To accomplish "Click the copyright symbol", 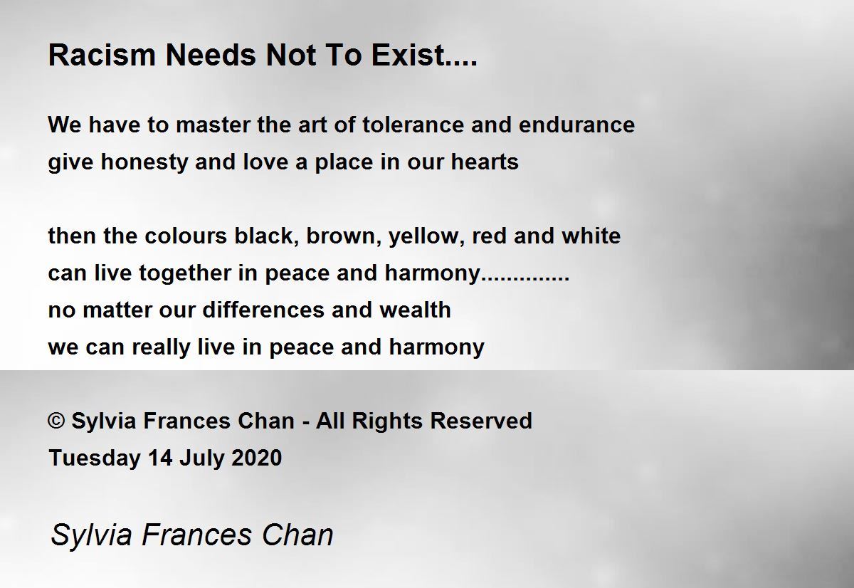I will click(56, 421).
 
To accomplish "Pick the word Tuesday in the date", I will click(95, 458).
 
